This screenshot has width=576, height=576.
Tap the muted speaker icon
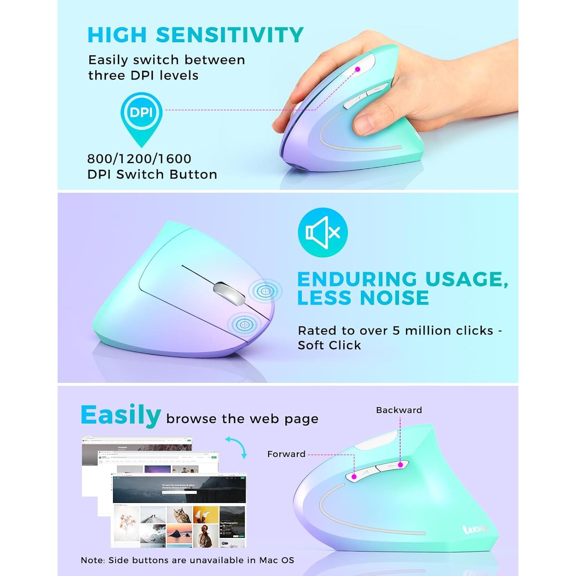click(x=323, y=232)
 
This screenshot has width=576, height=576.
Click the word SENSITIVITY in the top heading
click(x=230, y=35)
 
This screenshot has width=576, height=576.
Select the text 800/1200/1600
click(x=139, y=159)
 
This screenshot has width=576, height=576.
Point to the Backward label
click(x=399, y=410)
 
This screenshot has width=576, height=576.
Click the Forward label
click(x=286, y=454)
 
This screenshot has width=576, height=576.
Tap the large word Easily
click(x=121, y=415)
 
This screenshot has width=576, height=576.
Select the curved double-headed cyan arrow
click(x=237, y=447)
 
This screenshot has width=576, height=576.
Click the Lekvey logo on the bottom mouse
click(x=475, y=530)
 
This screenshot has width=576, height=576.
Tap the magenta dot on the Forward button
click(x=354, y=477)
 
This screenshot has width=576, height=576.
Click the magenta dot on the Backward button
click(x=401, y=465)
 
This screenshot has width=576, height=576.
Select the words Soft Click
click(x=329, y=345)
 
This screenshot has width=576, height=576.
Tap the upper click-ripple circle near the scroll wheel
click(x=265, y=291)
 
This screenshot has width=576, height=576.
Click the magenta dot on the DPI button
click(x=358, y=70)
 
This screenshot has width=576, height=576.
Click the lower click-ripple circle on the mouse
click(x=243, y=324)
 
